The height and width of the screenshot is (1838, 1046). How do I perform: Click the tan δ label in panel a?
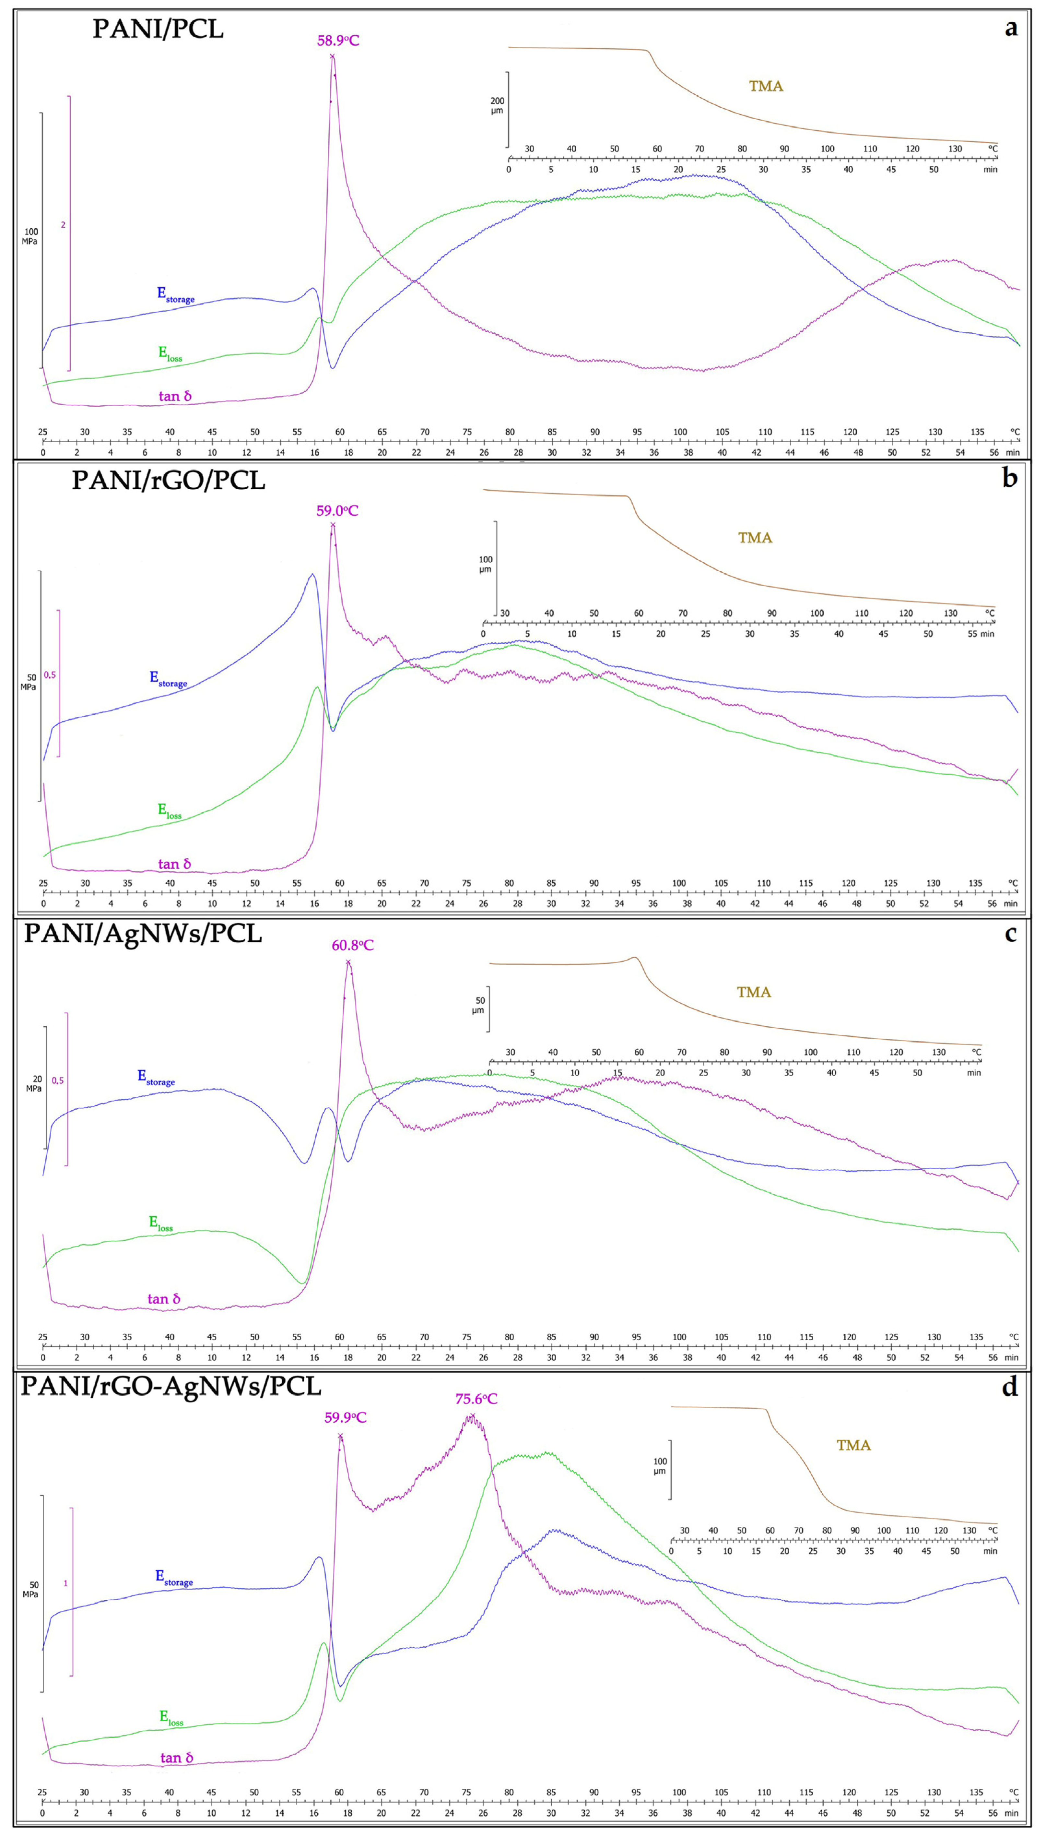click(175, 396)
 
